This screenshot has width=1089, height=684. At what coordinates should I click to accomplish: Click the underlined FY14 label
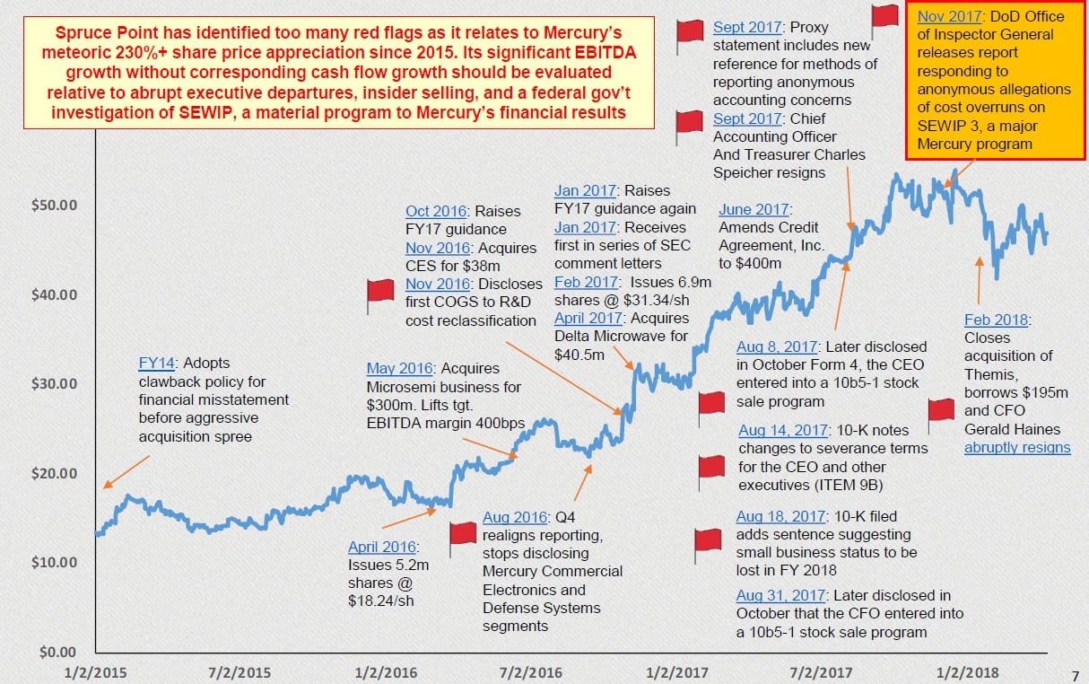coord(156,364)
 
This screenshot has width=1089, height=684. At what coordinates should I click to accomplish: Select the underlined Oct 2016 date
coord(436,212)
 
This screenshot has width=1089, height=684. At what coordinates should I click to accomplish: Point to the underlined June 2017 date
coord(754,210)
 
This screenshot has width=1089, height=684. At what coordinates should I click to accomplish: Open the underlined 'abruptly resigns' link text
coord(1017,447)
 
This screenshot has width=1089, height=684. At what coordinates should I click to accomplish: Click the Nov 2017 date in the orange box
coord(952,17)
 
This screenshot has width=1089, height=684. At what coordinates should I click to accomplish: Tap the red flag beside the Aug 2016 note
coord(463,532)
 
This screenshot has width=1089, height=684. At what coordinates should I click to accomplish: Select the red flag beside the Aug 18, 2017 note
coord(709,539)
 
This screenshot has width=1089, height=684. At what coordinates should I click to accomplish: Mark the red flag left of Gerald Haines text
coord(941,409)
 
